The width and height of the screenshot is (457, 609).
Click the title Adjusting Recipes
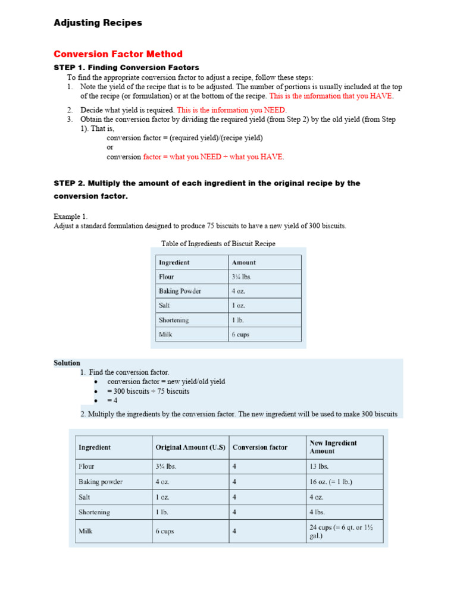[98, 23]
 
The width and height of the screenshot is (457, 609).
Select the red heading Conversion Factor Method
[118, 54]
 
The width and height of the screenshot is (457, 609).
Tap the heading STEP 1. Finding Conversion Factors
[126, 68]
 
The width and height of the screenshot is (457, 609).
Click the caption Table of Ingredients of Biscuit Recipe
[218, 244]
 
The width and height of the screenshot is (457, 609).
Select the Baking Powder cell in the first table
[180, 291]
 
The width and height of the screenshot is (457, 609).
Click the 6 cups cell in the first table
[240, 334]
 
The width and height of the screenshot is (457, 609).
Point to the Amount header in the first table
[244, 262]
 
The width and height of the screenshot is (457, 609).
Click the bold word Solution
[67, 363]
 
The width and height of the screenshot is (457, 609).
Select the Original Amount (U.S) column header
[190, 447]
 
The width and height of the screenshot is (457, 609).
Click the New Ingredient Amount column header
[333, 447]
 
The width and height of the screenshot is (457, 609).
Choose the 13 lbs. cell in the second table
[319, 467]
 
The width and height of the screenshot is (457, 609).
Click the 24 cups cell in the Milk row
[341, 531]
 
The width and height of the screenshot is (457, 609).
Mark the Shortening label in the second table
[94, 512]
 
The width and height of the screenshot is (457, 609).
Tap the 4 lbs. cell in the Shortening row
[317, 512]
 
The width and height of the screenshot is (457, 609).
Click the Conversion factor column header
[260, 447]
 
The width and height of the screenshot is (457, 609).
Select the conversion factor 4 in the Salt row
[234, 497]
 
